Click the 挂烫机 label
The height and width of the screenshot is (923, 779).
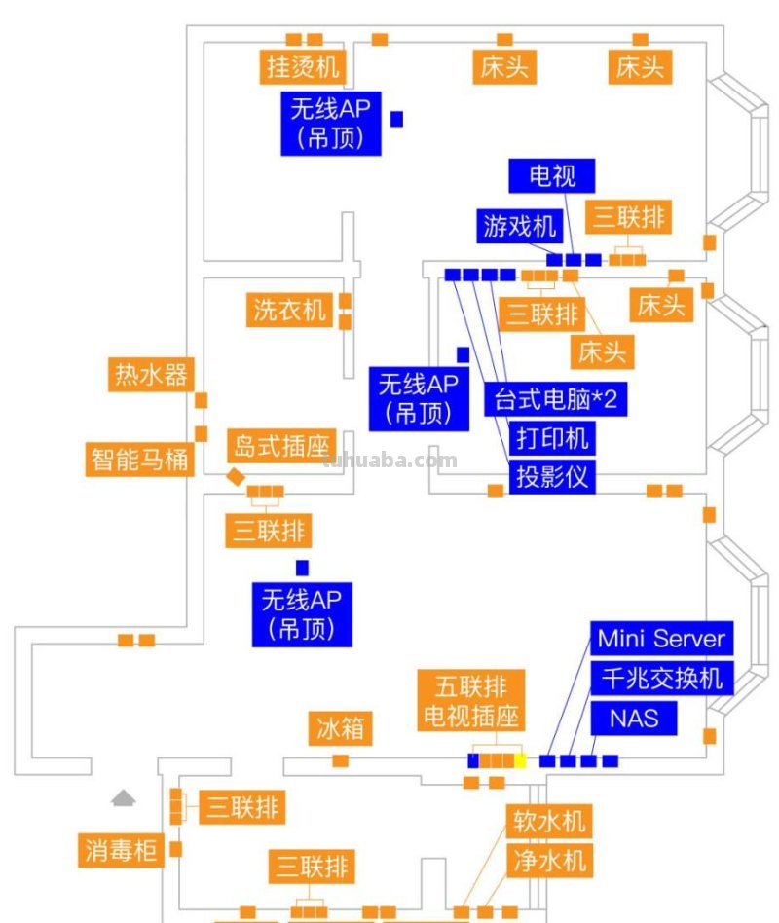tap(303, 67)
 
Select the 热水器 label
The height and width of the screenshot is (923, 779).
tap(151, 375)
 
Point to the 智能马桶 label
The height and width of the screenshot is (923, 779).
tap(140, 458)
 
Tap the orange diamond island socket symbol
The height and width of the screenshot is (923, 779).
tap(235, 476)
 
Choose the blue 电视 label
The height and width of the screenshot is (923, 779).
tap(552, 176)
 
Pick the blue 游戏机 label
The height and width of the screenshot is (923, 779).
tap(520, 226)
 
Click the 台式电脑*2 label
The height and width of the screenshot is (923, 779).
tap(556, 399)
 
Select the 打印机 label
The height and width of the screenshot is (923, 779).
tap(552, 438)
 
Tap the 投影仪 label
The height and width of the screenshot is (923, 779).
tap(552, 477)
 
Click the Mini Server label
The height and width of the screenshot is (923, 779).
tap(661, 639)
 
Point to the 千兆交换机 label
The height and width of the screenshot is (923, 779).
tap(661, 678)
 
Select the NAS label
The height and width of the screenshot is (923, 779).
tap(634, 719)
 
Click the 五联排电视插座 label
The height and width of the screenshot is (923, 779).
tap(471, 700)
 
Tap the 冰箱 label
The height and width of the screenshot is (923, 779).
tap(342, 728)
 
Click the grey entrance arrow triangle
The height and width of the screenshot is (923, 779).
tap(123, 798)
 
